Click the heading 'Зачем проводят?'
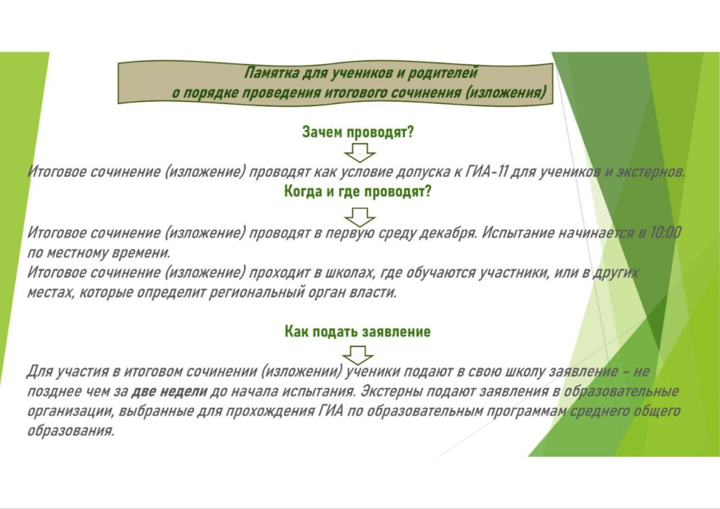(x=358, y=132)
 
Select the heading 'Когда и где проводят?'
(x=358, y=191)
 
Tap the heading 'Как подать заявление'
(x=358, y=331)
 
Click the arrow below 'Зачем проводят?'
(x=359, y=153)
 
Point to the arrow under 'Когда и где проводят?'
(x=359, y=217)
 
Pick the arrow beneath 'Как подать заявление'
(x=358, y=355)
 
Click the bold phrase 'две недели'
(x=169, y=392)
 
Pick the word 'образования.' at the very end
(x=70, y=432)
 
